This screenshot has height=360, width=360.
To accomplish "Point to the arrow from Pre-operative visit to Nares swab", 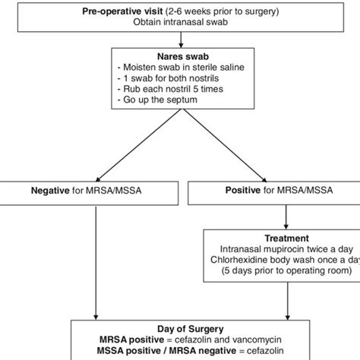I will click(x=180, y=39).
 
